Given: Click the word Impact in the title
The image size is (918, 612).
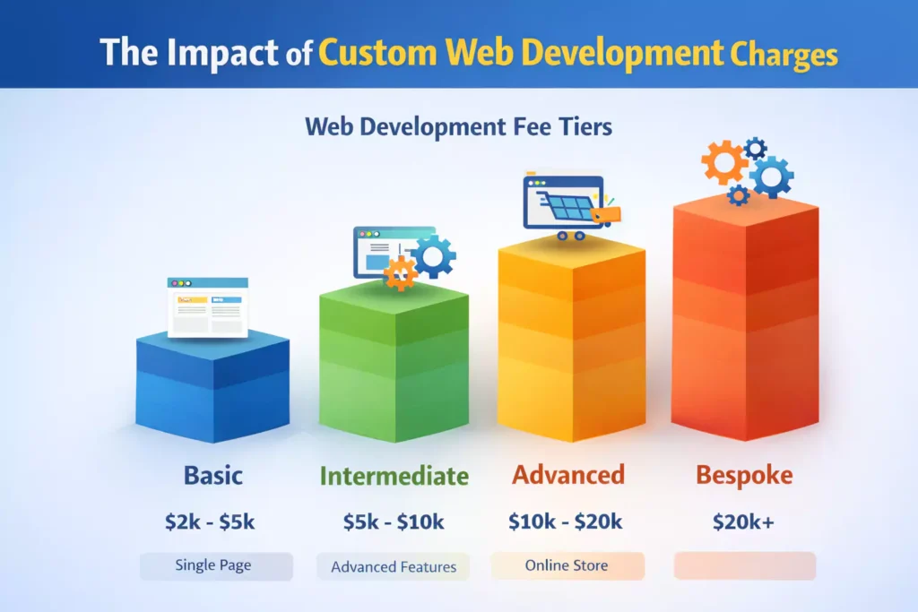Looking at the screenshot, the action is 222,53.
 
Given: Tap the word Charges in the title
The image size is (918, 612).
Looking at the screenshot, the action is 784,55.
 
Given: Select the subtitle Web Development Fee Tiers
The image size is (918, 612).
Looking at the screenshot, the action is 458,126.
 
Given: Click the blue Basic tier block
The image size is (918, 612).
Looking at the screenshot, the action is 212,385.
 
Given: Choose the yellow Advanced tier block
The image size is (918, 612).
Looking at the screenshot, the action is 571,339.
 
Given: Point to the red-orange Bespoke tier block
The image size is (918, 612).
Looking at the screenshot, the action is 745,318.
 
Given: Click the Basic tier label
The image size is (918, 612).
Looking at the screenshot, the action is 213,475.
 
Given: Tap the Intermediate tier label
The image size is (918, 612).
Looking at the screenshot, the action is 394,476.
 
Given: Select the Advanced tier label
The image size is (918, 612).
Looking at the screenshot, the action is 568,475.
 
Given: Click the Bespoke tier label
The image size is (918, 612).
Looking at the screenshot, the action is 744,475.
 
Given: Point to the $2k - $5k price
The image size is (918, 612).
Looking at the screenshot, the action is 210,521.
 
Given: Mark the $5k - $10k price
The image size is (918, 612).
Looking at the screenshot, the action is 394,521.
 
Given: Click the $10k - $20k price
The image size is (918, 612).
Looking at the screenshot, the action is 565,521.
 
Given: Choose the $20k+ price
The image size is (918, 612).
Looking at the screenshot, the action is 743,521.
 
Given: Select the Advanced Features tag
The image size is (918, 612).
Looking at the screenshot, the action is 393,566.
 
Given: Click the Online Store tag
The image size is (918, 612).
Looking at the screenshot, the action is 567,565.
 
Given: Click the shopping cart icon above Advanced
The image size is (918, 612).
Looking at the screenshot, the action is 572,207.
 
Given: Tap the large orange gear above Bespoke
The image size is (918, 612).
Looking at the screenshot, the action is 724,163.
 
